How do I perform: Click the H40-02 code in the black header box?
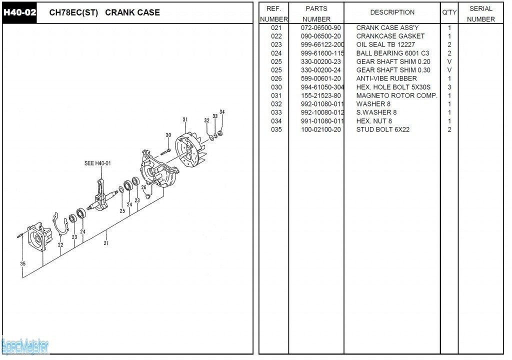click(20, 12)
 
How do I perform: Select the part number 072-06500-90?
click(321, 27)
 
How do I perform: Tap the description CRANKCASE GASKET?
click(390, 36)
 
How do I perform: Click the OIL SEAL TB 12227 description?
click(385, 44)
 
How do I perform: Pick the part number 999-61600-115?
click(322, 53)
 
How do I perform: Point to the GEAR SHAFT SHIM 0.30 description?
click(393, 70)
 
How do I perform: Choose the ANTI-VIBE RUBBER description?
click(386, 78)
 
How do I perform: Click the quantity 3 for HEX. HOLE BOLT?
click(449, 87)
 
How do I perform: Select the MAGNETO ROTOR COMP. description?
click(396, 95)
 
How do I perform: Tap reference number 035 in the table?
click(276, 129)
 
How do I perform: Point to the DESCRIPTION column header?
click(392, 12)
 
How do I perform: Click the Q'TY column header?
click(449, 12)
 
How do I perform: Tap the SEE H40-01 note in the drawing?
click(97, 163)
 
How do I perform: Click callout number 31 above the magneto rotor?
click(185, 119)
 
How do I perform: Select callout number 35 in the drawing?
click(23, 263)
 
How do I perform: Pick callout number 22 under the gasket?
click(60, 245)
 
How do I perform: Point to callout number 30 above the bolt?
click(168, 135)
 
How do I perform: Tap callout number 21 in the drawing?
click(106, 243)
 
